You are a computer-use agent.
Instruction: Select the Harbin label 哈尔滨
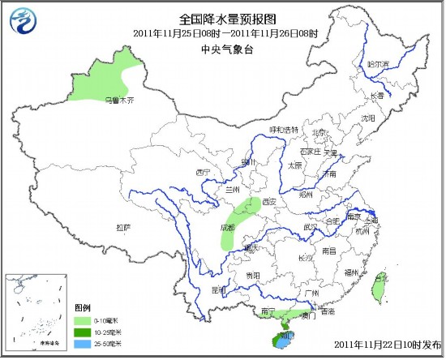coord(379,63)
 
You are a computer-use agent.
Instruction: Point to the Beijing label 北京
coord(321,132)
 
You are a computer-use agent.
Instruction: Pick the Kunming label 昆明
coord(218,289)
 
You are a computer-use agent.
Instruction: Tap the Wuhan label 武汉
coord(310,227)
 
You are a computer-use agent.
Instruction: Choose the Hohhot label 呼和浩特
coord(284,130)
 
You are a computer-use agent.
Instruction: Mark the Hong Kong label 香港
coord(328,311)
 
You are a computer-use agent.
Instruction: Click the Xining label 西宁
coord(203,173)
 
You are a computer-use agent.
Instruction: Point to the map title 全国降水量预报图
coord(222,17)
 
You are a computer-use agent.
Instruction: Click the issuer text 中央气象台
coord(222,49)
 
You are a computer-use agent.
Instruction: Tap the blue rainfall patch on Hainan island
coord(281,344)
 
